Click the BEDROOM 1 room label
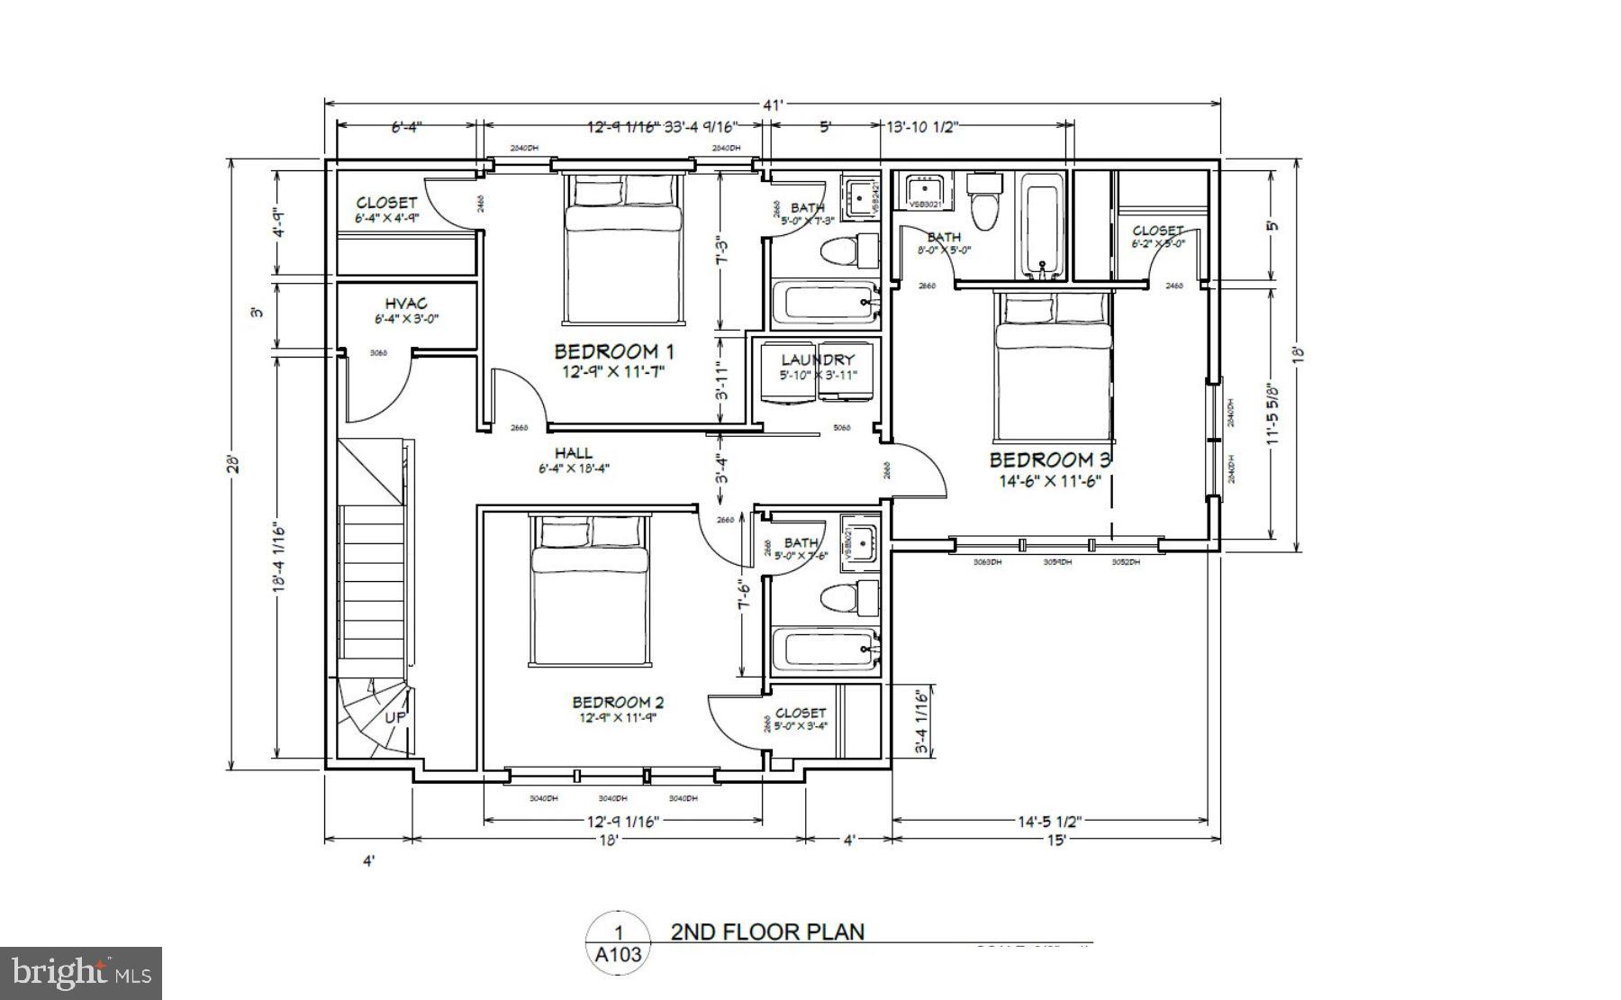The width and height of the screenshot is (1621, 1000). pos(613,351)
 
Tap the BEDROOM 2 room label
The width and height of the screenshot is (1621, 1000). pos(618,702)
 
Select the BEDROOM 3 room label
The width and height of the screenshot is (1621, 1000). pos(1050,460)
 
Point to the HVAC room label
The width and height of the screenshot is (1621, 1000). pos(406,305)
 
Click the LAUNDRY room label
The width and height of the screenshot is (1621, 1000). pos(817,359)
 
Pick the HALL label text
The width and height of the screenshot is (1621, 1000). pos(574,453)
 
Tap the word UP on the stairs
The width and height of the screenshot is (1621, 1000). pos(395,718)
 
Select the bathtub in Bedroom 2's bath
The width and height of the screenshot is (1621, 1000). pos(825,650)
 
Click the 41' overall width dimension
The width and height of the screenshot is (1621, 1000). pos(772,105)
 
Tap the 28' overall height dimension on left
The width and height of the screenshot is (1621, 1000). pos(233,464)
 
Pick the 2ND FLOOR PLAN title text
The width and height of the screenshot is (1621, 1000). pos(767,932)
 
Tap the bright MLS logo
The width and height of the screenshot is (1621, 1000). pos(81,973)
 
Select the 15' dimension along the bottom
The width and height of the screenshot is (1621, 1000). pos(1055,840)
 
